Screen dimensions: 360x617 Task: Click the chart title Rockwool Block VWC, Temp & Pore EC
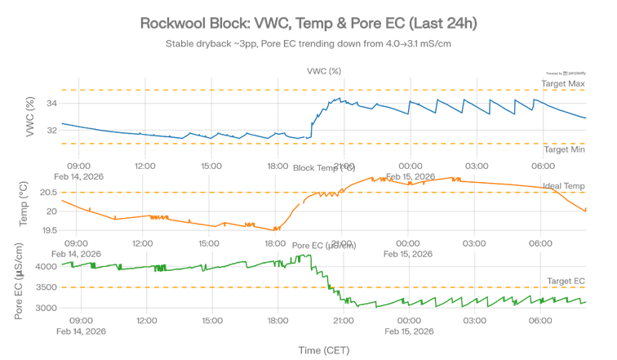click(308, 24)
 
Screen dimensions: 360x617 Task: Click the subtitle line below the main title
click(308, 42)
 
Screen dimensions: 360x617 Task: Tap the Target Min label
click(565, 149)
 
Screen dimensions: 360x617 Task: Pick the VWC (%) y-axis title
click(31, 116)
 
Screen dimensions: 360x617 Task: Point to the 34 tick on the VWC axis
click(51, 103)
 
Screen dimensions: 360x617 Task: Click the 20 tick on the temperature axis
click(51, 211)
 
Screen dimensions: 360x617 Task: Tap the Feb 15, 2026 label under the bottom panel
click(408, 331)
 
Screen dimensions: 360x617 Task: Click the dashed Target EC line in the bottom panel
click(204, 287)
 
